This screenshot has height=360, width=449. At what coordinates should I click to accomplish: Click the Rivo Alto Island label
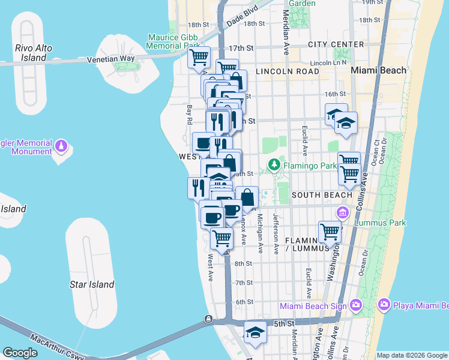[x=33, y=53]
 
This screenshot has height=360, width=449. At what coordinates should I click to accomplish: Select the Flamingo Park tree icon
[x=274, y=164]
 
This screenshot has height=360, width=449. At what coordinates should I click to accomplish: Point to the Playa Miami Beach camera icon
[x=384, y=306]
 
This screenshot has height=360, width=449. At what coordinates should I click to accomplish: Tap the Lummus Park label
[x=380, y=223]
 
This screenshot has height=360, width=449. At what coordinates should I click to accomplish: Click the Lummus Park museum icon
[x=343, y=212]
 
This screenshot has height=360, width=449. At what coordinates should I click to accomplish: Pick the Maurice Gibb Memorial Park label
[x=173, y=41]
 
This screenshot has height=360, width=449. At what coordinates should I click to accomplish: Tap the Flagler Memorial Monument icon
[x=61, y=146]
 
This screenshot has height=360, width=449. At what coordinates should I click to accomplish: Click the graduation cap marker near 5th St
[x=255, y=332]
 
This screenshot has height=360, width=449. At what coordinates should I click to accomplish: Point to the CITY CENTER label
[x=336, y=44]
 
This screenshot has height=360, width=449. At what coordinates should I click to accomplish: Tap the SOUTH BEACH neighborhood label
[x=322, y=195]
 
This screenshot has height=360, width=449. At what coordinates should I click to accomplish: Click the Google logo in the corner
[x=20, y=352]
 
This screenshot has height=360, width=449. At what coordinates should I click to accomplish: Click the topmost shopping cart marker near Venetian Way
[x=199, y=58]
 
